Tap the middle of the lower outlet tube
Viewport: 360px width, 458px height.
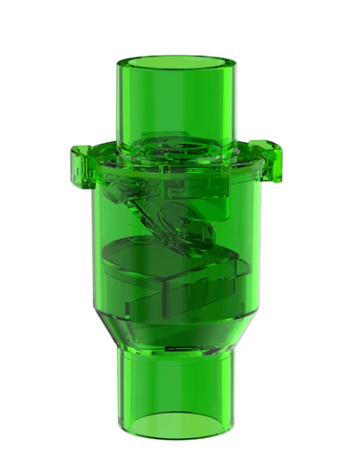(178, 386)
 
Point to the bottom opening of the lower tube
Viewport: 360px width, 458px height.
(178, 430)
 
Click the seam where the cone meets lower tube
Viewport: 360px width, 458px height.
(178, 354)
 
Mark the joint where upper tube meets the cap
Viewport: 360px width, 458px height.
(178, 143)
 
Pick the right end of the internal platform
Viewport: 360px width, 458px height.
(241, 265)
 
